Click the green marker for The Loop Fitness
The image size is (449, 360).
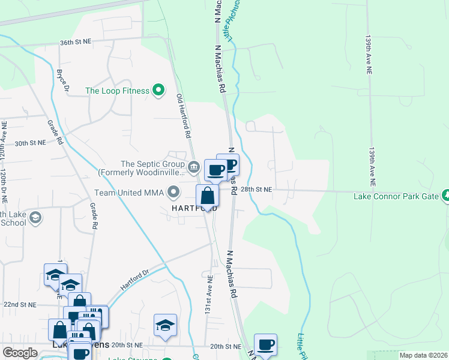(x=158, y=91)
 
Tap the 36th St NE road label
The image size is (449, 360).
(x=75, y=43)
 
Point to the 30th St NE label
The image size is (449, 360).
(x=31, y=143)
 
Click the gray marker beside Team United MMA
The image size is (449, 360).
(x=174, y=193)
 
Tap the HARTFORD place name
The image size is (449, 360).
(x=194, y=208)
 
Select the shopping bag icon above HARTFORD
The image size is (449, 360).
(x=207, y=196)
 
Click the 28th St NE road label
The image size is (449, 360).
(x=256, y=189)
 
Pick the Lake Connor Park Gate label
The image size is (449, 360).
(x=396, y=196)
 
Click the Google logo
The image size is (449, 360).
(x=20, y=352)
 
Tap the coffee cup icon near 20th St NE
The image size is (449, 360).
(x=265, y=345)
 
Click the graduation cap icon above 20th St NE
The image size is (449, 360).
(x=165, y=325)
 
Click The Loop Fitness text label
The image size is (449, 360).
(x=117, y=91)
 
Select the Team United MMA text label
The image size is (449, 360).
(x=130, y=193)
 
